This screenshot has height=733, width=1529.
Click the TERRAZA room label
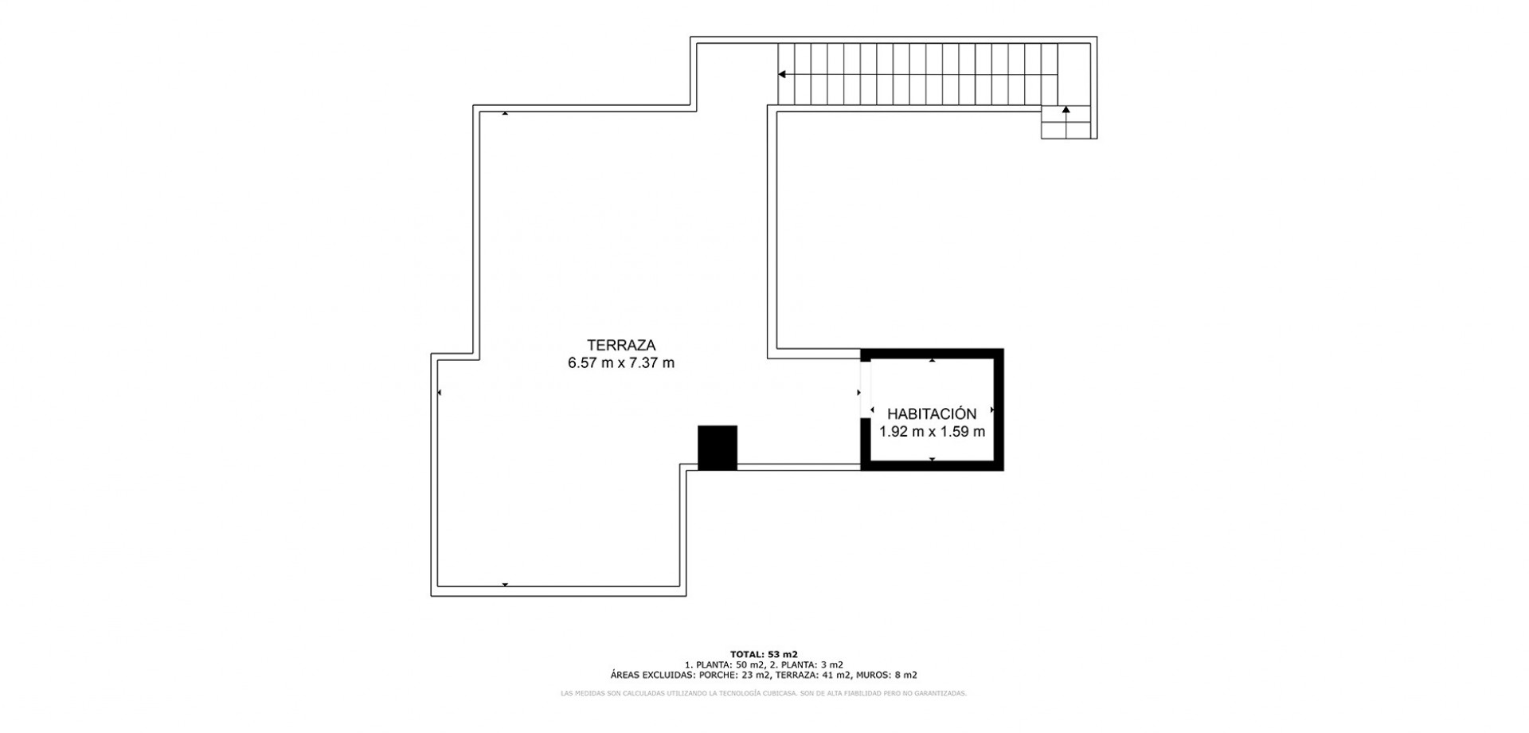[621, 345]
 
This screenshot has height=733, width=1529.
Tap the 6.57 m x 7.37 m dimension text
[621, 363]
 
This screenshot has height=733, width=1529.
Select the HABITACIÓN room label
[932, 414]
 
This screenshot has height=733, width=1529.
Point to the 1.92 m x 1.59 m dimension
[932, 432]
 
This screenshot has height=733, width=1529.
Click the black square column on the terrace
[718, 448]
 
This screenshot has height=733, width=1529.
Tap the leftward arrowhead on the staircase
[783, 75]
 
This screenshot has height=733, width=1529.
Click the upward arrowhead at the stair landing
[1066, 109]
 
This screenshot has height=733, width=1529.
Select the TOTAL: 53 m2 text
[764, 654]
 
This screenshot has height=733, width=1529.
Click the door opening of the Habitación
[866, 389]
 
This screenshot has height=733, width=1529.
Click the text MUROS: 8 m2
[886, 675]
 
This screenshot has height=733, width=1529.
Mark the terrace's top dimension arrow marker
[505, 114]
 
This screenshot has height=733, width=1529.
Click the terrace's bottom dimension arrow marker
[505, 585]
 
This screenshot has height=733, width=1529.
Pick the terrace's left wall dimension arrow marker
[440, 392]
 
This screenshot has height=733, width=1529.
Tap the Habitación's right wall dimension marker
[992, 410]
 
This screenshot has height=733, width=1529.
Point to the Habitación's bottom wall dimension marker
[932, 460]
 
